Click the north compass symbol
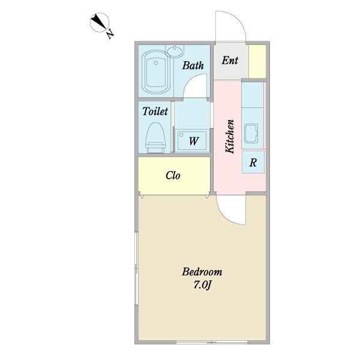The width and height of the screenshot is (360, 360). coord(100,22)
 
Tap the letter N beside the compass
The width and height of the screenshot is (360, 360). coord(110,34)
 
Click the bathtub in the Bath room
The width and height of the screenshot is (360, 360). coord(156,72)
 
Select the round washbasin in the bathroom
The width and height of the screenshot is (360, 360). coord(175,51)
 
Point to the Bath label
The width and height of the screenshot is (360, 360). coord(193,65)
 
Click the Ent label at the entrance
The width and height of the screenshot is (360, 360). coord(230,61)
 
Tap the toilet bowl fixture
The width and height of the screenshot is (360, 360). coord(155,138)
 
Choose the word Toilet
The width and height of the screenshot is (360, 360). coord(155,112)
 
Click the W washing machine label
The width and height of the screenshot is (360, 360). coord(194,141)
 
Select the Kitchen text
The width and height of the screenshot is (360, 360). coord(230,136)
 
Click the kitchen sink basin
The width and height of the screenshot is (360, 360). coord(251,134)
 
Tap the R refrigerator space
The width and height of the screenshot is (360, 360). coord(253,162)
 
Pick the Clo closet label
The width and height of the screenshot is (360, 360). coord(173,175)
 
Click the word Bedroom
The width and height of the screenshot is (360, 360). coord(202,272)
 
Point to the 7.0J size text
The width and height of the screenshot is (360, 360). coord(202,285)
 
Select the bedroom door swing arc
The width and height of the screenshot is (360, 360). coord(227,217)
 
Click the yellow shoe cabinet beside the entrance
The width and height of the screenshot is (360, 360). coord(257,61)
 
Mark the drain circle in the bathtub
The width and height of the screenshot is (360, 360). coord(156,62)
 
